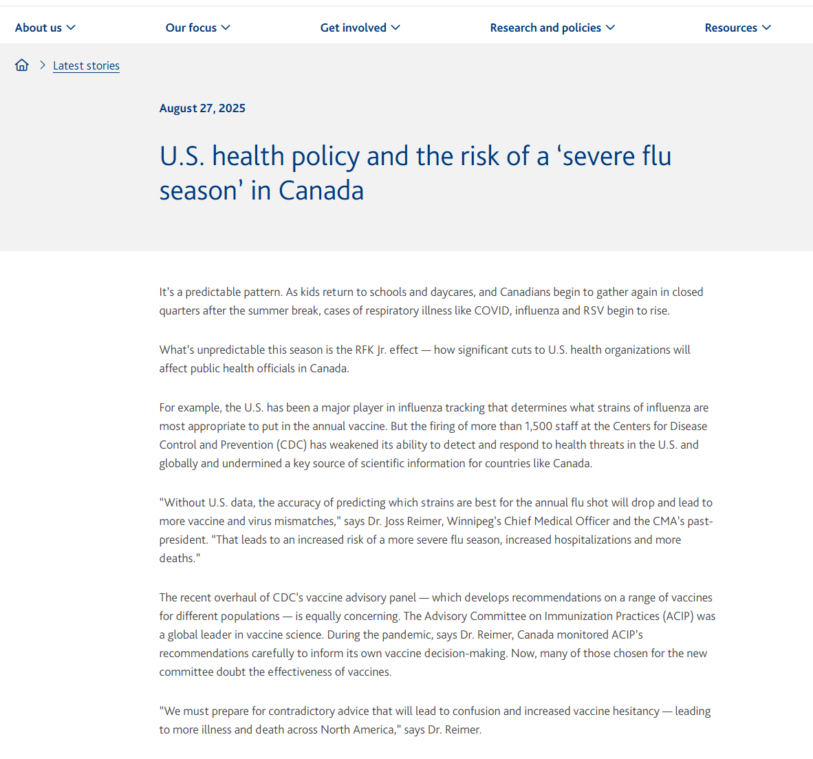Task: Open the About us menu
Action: [45, 28]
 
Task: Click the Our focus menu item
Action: [197, 28]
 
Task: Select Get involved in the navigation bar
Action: [360, 28]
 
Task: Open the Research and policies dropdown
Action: [552, 28]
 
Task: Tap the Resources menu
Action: [737, 28]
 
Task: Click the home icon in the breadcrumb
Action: [22, 65]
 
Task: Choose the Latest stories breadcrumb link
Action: [86, 65]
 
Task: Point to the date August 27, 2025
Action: [202, 108]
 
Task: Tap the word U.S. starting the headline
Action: [182, 156]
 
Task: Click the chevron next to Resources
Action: [767, 28]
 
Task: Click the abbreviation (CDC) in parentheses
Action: [292, 445]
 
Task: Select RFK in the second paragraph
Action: [365, 350]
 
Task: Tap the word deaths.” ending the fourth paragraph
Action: [180, 558]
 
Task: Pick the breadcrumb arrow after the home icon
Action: [42, 65]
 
